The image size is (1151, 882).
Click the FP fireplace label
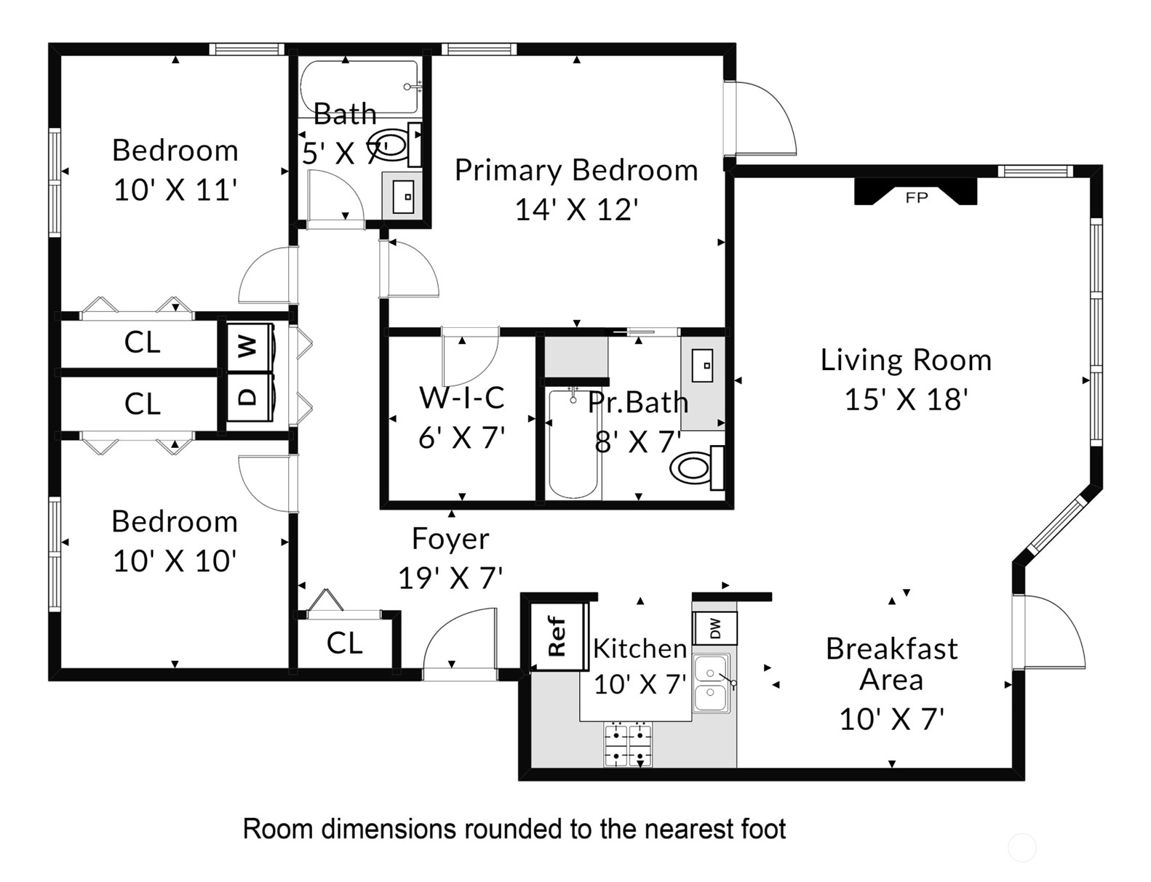(x=916, y=198)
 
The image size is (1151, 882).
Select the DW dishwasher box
(x=715, y=628)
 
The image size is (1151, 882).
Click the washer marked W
(x=250, y=347)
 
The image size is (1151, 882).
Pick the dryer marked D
(x=250, y=397)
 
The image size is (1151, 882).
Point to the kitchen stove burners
(x=628, y=745)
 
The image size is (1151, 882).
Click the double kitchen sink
(x=711, y=683)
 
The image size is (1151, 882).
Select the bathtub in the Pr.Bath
(x=573, y=444)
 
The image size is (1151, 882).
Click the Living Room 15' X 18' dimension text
(x=907, y=399)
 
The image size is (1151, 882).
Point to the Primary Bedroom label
(x=576, y=170)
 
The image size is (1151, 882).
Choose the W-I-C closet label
(x=462, y=398)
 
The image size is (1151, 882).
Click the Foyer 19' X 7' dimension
(x=450, y=578)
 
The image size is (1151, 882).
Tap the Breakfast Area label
(x=891, y=664)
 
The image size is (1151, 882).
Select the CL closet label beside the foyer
(x=344, y=644)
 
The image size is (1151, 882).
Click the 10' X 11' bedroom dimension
(x=175, y=190)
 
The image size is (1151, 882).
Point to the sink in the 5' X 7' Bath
(x=402, y=196)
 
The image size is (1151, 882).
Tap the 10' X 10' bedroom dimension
(x=175, y=561)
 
